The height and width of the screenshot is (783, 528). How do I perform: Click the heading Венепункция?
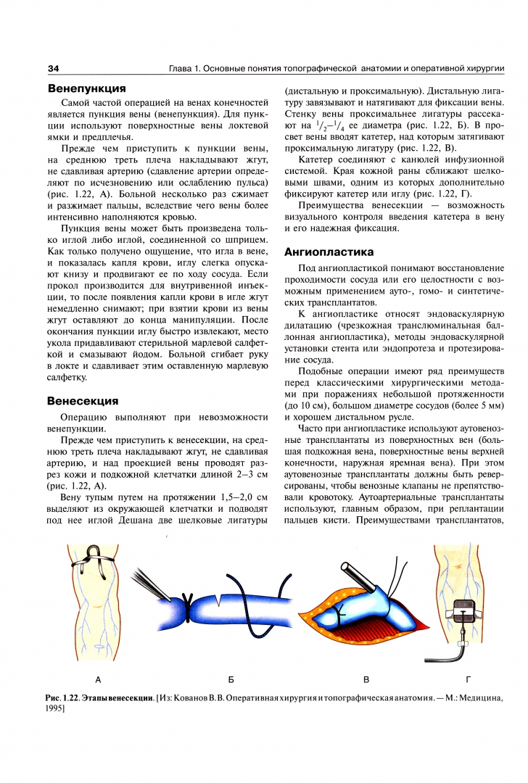click(x=86, y=88)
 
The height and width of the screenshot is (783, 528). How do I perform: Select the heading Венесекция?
click(x=83, y=400)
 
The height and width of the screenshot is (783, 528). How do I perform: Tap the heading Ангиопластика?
click(x=329, y=252)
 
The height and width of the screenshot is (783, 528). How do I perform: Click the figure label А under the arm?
click(x=98, y=679)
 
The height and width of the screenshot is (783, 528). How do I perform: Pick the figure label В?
click(x=366, y=679)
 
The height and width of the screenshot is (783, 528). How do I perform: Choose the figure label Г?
click(x=468, y=679)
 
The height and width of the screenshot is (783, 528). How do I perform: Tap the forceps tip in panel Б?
click(x=168, y=600)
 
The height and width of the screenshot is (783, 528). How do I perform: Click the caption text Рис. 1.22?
click(x=64, y=697)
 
